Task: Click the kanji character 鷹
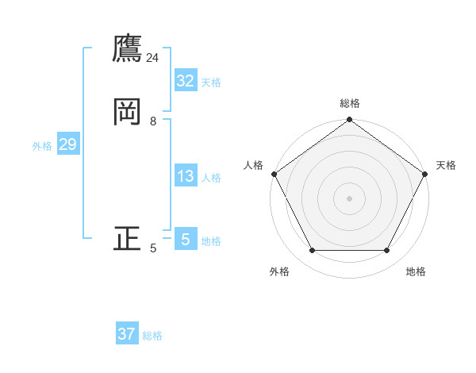tap(127, 48)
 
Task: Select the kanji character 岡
tap(127, 112)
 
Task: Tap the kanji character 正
tap(127, 239)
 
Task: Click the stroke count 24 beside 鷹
tap(152, 58)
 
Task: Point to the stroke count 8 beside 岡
tap(153, 121)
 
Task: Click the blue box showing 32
tap(186, 81)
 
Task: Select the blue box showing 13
tap(186, 176)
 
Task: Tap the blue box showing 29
tap(67, 144)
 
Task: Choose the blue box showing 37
tap(127, 334)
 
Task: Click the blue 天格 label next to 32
tap(211, 83)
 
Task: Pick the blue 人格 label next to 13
tap(211, 178)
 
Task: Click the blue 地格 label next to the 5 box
tap(211, 241)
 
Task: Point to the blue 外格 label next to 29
tap(42, 146)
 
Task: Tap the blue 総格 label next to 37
tap(152, 336)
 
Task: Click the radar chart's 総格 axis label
tap(349, 103)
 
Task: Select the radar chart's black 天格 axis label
tap(446, 165)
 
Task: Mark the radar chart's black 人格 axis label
tap(253, 165)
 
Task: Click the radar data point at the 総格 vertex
tap(349, 120)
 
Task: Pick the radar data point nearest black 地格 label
tap(386, 251)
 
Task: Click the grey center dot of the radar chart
tap(349, 198)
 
